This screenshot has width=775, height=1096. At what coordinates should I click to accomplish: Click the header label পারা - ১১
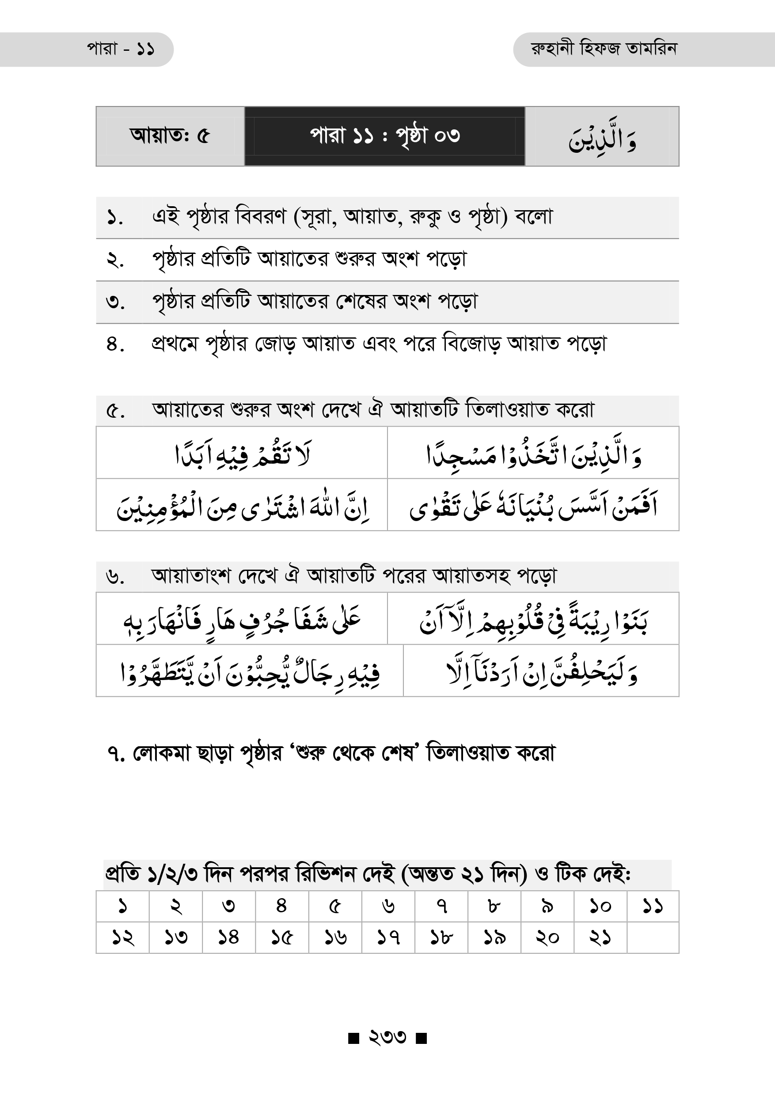point(120,49)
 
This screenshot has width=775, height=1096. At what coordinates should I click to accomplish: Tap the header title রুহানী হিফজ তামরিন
point(604,49)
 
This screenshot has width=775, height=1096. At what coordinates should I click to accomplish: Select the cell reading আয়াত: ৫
point(170,136)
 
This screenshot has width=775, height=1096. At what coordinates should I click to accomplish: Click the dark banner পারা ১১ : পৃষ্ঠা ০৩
point(384,136)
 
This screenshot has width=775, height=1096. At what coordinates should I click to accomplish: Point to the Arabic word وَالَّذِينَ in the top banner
point(602,138)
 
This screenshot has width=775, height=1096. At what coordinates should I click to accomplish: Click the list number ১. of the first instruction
point(114,218)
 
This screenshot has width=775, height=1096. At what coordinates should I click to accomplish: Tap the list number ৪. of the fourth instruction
point(115,344)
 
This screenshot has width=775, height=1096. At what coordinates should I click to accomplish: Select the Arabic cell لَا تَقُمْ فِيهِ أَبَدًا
point(242,454)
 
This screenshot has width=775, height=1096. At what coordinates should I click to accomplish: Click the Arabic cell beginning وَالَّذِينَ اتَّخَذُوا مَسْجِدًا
point(533,454)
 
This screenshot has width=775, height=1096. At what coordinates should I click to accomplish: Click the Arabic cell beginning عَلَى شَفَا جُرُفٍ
point(242,620)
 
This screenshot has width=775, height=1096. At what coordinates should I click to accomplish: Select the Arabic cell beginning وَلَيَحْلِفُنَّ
point(541,672)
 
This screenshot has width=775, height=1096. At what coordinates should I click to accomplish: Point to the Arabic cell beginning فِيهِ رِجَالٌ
point(250,672)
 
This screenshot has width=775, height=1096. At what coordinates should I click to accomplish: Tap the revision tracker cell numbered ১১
point(652,906)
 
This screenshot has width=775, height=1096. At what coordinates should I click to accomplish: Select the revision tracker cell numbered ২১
point(600,937)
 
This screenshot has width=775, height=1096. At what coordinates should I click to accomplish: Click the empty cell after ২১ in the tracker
point(652,937)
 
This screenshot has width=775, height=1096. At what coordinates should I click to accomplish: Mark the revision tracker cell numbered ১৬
point(335,937)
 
